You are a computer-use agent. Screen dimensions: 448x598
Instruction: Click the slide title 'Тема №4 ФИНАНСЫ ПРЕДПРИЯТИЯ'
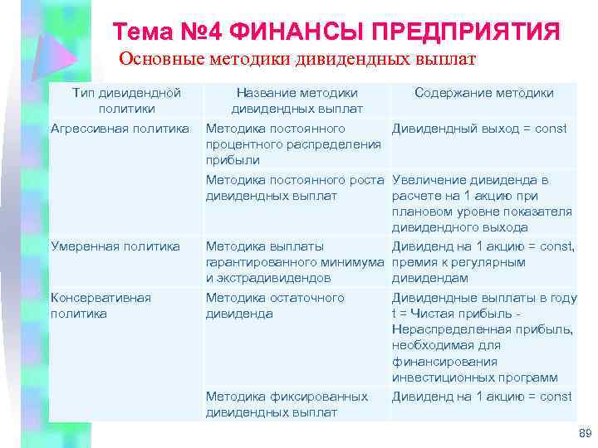pyautogui.click(x=336, y=32)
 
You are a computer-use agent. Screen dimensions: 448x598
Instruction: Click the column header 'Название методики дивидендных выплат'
pyautogui.click(x=297, y=100)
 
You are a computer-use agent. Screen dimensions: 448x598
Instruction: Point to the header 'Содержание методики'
pyautogui.click(x=483, y=93)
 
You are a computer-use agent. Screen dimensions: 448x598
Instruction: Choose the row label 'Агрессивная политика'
pyautogui.click(x=120, y=128)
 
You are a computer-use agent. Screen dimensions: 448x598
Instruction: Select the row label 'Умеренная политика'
pyautogui.click(x=115, y=246)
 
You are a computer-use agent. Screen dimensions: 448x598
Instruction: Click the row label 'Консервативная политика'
pyautogui.click(x=101, y=305)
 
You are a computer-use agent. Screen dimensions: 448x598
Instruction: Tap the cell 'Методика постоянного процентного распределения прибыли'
pyautogui.click(x=292, y=144)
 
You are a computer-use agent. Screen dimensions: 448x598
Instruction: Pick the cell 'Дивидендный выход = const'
pyautogui.click(x=479, y=128)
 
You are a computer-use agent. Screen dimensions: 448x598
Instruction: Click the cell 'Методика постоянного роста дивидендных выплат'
pyautogui.click(x=294, y=187)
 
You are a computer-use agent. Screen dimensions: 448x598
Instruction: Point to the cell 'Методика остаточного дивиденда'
pyautogui.click(x=274, y=305)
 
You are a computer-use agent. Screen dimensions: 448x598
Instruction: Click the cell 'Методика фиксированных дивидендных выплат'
pyautogui.click(x=287, y=404)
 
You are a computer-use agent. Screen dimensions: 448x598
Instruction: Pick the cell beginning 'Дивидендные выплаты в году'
pyautogui.click(x=483, y=337)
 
